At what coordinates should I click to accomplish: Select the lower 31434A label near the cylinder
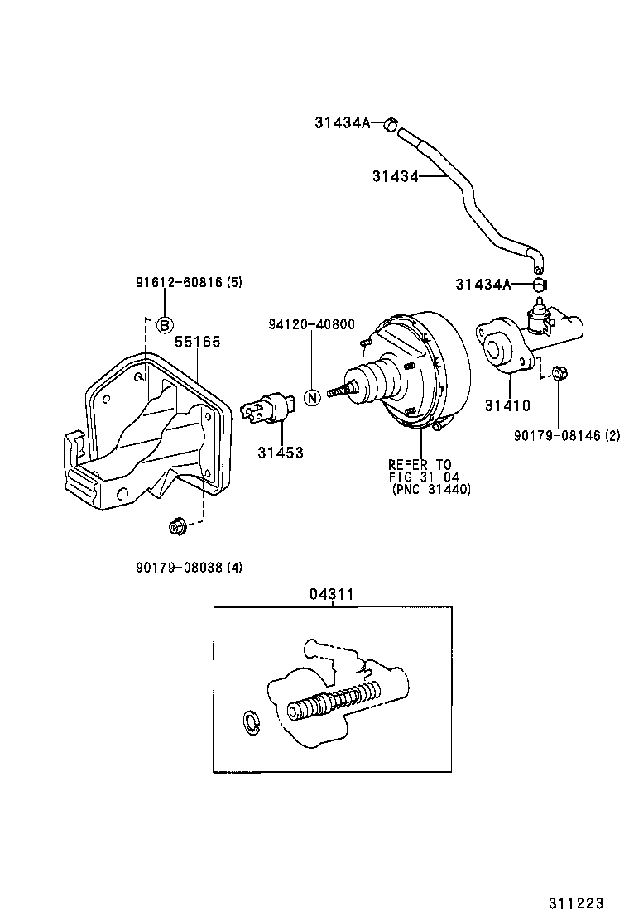pos(482,284)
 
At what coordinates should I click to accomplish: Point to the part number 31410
pos(507,406)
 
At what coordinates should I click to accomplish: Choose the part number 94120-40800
pos(310,324)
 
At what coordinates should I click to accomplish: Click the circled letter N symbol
pos(312,397)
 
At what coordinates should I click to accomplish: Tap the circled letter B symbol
pos(165,324)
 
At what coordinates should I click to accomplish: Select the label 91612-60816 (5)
pos(189,282)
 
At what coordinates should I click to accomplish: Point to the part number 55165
pos(197,341)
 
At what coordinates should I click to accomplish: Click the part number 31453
pos(280,453)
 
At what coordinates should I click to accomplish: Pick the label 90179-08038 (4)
pos(189,567)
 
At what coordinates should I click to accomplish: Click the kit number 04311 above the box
pos(333,593)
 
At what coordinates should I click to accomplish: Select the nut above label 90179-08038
pos(176,525)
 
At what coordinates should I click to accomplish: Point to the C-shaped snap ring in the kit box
pos(251,721)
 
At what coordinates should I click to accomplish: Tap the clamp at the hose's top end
pos(389,124)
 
